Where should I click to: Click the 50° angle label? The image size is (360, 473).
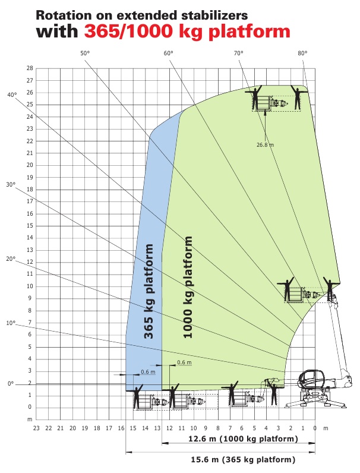click(85, 53)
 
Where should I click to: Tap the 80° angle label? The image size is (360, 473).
click(302, 53)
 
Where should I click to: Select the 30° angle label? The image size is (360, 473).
click(11, 184)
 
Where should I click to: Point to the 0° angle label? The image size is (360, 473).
click(11, 384)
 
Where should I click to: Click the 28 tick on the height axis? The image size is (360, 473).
click(30, 68)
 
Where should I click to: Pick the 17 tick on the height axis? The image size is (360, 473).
click(30, 201)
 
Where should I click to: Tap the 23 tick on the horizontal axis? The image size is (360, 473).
click(36, 428)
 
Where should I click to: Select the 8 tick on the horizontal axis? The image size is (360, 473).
click(217, 428)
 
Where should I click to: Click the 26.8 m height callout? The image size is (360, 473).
click(266, 145)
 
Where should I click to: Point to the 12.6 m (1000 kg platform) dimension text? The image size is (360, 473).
click(243, 439)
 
